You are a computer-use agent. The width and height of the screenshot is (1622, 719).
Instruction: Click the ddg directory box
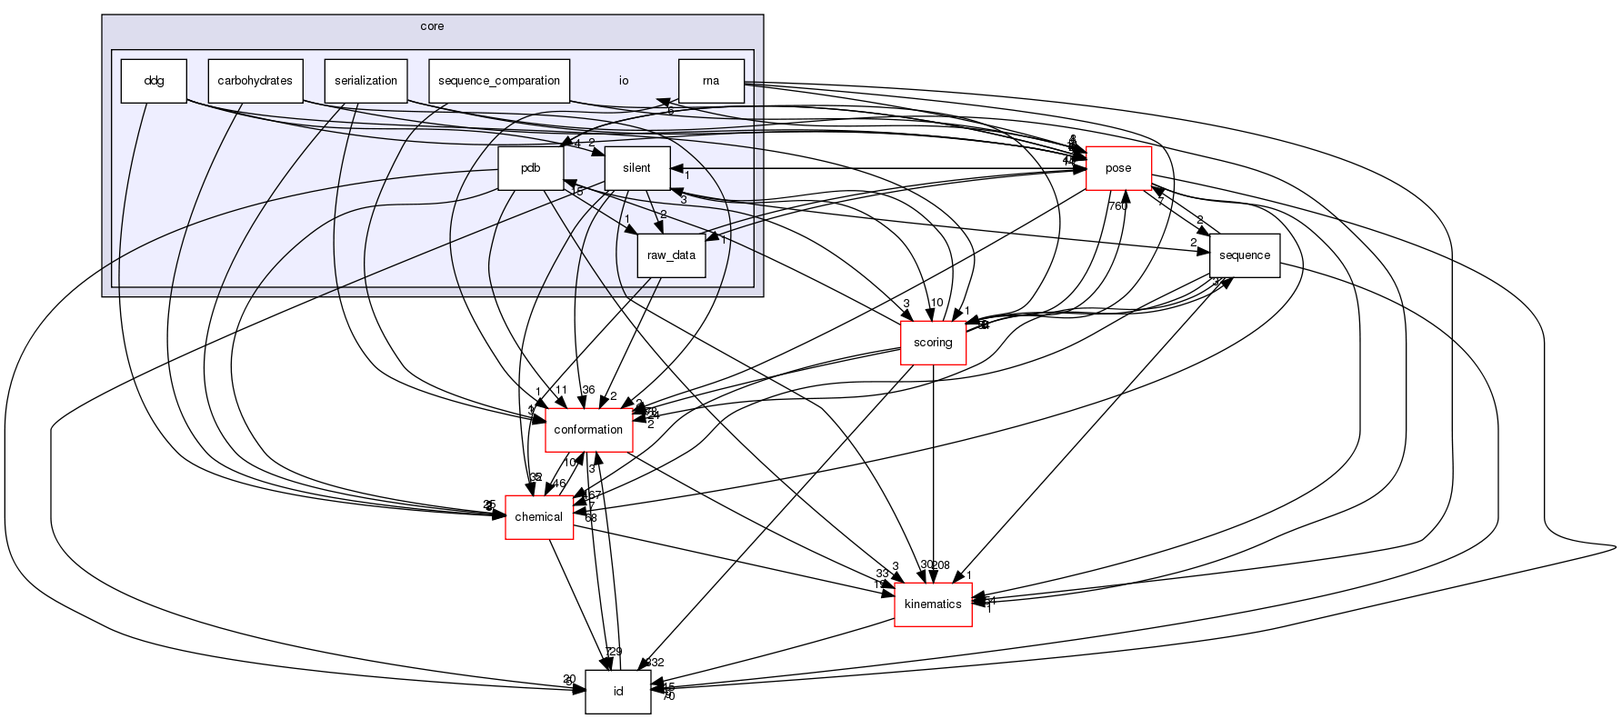pos(154,81)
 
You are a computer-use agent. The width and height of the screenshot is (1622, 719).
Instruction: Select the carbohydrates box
pos(255,81)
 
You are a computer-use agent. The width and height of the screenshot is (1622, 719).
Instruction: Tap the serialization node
pos(365,81)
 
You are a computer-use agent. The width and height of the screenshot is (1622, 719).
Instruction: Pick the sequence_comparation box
pos(498,81)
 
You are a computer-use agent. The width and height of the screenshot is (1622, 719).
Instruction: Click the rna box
pos(711,81)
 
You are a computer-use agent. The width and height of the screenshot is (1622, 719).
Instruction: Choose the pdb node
pos(530,168)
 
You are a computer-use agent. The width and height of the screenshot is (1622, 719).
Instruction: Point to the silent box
pos(636,168)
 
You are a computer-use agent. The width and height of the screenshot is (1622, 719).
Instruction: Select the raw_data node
pos(671,255)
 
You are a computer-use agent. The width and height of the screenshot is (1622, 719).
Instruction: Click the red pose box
pos(1118,168)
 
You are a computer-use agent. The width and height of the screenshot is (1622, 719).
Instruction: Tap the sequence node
pos(1244,255)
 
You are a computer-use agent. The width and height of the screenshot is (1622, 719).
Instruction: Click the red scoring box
pos(932,343)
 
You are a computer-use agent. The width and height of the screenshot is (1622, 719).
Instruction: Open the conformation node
pos(588,430)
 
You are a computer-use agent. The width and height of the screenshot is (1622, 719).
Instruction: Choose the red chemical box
pos(538,517)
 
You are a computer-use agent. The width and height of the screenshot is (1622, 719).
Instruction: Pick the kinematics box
pos(933,604)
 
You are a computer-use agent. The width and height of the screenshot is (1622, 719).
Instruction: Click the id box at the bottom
pos(617,692)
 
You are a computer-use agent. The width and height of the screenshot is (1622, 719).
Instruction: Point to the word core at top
pos(432,26)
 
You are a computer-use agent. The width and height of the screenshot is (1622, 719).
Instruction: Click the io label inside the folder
pos(624,81)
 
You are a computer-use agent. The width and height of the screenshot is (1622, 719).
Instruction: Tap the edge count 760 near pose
pos(1116,206)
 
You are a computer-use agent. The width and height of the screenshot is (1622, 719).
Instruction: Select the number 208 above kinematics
pos(940,565)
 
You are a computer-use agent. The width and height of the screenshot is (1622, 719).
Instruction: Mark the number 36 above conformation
pos(588,390)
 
